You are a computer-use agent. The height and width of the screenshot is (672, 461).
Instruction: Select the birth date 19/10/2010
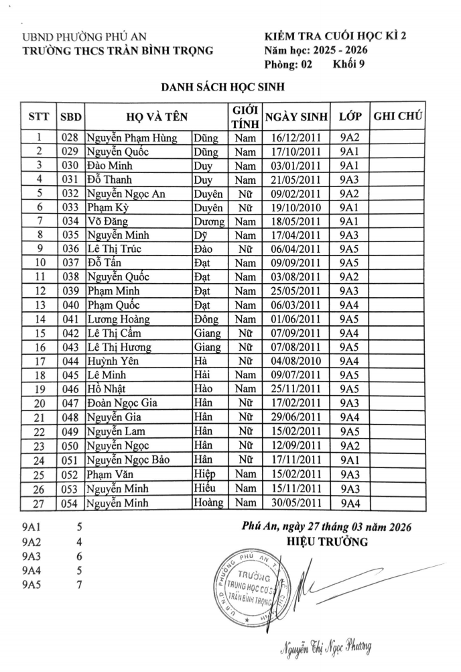pyautogui.click(x=296, y=207)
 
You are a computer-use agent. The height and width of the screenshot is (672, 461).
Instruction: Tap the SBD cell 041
pyautogui.click(x=70, y=319)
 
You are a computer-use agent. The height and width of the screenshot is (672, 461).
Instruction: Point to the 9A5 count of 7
pyautogui.click(x=79, y=585)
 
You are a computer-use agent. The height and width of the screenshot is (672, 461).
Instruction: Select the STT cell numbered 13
pyautogui.click(x=39, y=305)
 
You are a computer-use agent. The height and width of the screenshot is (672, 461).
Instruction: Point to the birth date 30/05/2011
pyautogui.click(x=296, y=502)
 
